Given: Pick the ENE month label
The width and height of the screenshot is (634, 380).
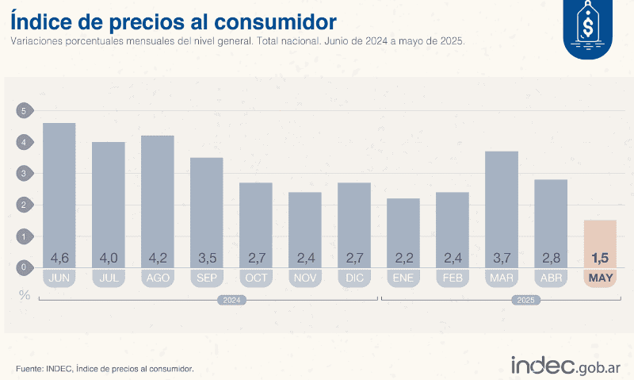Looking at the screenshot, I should click(x=403, y=278).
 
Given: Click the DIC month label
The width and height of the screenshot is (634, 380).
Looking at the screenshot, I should click(x=353, y=278).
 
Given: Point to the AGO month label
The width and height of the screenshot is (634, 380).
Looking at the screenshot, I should click(x=157, y=278).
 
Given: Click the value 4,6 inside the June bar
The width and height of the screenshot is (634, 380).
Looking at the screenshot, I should click(x=59, y=258).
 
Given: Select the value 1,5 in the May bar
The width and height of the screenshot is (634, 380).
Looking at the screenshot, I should click(x=600, y=258).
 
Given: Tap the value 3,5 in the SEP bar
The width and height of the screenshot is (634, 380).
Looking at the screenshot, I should click(x=206, y=258).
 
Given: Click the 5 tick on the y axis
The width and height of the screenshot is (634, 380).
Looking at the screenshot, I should click(x=24, y=111).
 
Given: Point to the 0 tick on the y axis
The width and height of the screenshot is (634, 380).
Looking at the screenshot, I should click(x=24, y=267).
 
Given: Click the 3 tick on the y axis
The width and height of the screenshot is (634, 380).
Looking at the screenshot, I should click(x=24, y=174).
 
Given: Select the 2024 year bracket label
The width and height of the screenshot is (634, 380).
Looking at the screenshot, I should click(x=231, y=301).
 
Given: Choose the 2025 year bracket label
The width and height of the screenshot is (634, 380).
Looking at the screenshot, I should click(x=525, y=301).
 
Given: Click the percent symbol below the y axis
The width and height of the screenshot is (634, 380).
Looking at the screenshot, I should click(x=25, y=295).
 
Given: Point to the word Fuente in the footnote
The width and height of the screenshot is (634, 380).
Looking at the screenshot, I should click(x=29, y=368).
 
